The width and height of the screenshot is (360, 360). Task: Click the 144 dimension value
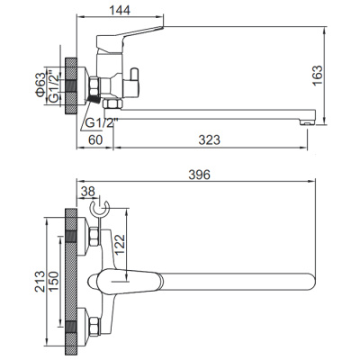pos(131,11)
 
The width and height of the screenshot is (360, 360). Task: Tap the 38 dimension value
pos(86,191)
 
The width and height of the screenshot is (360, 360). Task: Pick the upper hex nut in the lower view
pos(93,238)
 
